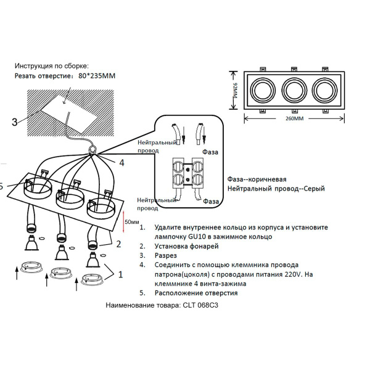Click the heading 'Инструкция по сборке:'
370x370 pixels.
[52, 65]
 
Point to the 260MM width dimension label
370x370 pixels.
[295, 118]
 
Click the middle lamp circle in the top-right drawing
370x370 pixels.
[294, 91]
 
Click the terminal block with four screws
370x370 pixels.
[189, 173]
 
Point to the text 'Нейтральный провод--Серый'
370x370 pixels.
[275, 189]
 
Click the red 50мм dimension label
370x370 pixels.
[131, 221]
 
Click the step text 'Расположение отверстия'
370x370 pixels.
[196, 293]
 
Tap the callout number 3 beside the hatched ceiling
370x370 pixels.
[14, 122]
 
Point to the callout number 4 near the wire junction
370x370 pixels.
[121, 163]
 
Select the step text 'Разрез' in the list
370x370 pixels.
[166, 255]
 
